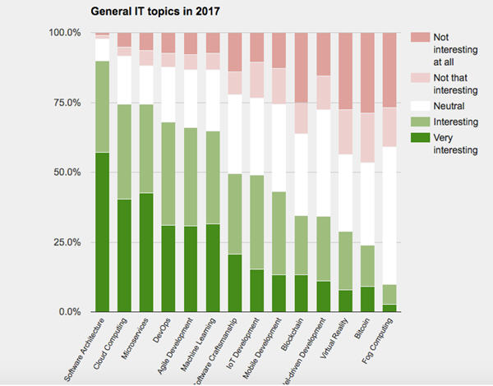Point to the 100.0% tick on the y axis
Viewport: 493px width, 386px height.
65,33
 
